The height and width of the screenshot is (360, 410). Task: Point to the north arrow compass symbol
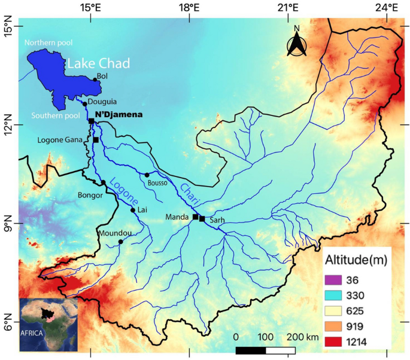click(296, 42)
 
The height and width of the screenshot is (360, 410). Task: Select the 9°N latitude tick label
click(8, 223)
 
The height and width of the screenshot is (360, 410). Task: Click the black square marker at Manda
click(195, 216)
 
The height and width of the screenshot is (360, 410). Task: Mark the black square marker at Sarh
click(202, 219)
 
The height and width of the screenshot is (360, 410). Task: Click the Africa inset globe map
click(48, 324)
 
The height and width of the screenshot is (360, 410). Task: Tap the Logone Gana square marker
click(96, 140)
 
